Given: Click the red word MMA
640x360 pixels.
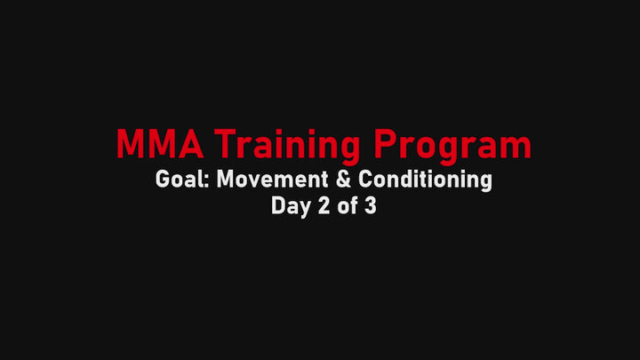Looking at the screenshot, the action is (x=160, y=144).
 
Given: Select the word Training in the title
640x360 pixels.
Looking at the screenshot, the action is (x=287, y=146).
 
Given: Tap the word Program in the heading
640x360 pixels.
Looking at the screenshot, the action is (x=452, y=147).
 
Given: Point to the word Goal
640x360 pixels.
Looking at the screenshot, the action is (x=180, y=180).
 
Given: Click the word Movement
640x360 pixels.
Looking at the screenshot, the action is (x=272, y=180).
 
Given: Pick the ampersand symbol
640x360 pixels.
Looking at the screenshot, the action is (x=344, y=180).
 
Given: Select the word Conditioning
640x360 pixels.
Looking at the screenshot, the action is (x=425, y=180).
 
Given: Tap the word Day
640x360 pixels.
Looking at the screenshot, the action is (x=292, y=206).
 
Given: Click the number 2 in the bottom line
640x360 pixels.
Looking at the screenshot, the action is (x=324, y=205).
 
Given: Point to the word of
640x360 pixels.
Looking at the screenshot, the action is (x=347, y=205).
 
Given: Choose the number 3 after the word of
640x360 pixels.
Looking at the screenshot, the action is (x=370, y=205).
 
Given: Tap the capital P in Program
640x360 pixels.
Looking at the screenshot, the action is (x=386, y=144).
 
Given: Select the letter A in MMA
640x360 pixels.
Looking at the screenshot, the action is (x=191, y=144).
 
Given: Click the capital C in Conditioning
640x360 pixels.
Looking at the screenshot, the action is (x=365, y=180).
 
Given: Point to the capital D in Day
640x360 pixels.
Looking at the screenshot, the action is (x=278, y=205).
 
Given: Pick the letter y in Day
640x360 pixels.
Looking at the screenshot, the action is (x=305, y=210).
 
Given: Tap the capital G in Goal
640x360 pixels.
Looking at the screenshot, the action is (x=163, y=180).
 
